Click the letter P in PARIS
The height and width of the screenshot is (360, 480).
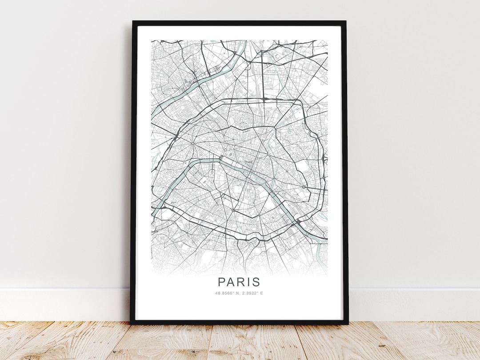[222, 282]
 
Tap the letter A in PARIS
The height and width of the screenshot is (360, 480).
[232, 282]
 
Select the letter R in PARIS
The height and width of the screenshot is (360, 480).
[243, 282]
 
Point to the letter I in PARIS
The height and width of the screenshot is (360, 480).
[250, 282]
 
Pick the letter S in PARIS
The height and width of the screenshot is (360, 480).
[256, 282]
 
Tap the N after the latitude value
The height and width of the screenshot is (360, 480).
[236, 293]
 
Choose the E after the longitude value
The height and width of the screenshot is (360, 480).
[262, 293]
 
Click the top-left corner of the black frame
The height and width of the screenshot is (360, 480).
[133, 21]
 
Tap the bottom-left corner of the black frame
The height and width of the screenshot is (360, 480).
[131, 323]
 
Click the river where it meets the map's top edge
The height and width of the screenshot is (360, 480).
[242, 42]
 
